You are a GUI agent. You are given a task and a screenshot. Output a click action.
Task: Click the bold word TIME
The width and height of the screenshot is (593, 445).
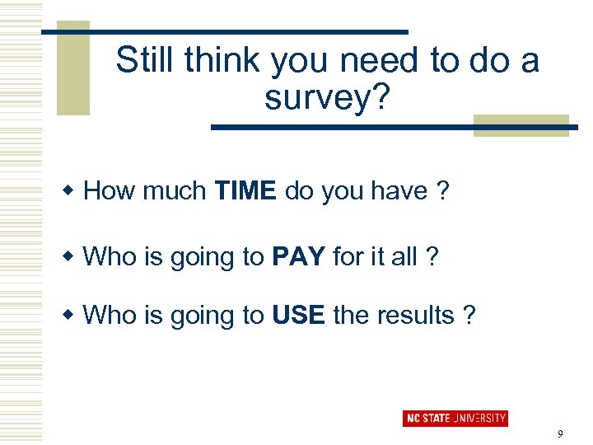click(x=245, y=191)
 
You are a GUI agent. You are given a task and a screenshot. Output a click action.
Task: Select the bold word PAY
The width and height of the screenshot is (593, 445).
click(x=298, y=256)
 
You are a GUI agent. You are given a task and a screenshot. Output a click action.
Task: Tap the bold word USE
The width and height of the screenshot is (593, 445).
click(x=298, y=315)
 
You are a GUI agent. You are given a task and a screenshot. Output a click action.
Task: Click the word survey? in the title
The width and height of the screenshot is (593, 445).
click(x=326, y=97)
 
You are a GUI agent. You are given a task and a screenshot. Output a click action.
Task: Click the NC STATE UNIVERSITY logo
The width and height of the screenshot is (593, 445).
click(x=455, y=419)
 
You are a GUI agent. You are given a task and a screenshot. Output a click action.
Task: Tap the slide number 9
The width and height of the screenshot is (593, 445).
click(x=560, y=434)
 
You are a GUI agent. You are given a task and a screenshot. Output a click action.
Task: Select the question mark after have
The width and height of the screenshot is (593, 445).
click(x=443, y=191)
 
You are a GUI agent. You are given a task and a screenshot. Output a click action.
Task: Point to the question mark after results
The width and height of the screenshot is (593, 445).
click(x=469, y=315)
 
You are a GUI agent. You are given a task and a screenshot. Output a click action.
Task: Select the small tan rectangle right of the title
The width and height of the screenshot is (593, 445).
click(x=521, y=125)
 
